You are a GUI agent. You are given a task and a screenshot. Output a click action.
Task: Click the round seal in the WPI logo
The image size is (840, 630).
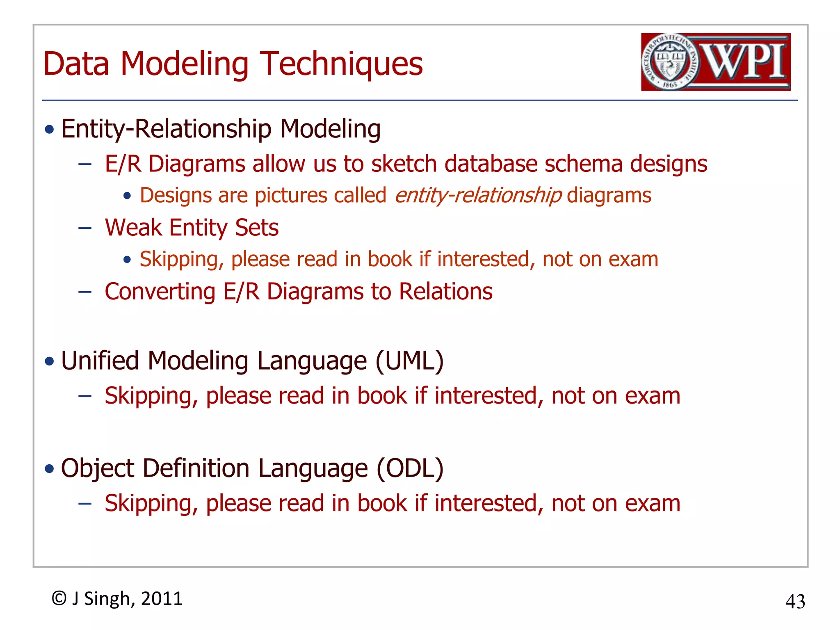[670, 62]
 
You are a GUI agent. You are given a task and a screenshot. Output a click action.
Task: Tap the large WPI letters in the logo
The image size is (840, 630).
[744, 62]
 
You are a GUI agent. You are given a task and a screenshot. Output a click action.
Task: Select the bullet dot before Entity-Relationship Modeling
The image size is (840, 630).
[50, 130]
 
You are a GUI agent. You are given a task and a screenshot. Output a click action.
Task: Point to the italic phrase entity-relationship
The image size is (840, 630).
[478, 195]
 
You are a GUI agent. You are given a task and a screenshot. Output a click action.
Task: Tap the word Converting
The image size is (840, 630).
[160, 292]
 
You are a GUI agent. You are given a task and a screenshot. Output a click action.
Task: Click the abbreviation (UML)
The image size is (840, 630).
[409, 361]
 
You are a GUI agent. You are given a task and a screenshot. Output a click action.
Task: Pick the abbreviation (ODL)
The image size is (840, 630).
[410, 468]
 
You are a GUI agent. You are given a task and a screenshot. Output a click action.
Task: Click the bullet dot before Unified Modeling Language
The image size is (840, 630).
[50, 361]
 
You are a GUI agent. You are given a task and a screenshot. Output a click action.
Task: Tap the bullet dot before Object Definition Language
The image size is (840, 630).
[50, 469]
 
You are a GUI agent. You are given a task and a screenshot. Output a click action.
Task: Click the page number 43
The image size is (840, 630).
[795, 602]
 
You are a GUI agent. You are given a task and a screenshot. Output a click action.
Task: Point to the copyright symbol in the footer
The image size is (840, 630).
[59, 598]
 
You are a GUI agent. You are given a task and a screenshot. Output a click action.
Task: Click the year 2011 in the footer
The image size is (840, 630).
[162, 599]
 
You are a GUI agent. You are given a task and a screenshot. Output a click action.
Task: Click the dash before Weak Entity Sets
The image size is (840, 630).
[85, 228]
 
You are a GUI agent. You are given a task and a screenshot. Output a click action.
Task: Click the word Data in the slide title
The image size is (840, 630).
[76, 64]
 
